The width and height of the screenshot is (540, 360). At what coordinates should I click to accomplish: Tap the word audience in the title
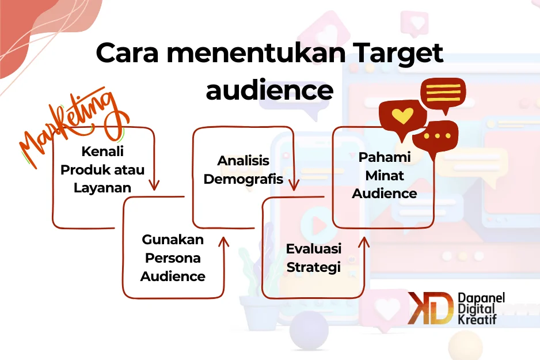pos(269,90)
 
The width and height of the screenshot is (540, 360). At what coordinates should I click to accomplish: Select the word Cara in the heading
pos(129,54)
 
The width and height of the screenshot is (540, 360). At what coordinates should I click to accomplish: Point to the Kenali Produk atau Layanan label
pos(102,170)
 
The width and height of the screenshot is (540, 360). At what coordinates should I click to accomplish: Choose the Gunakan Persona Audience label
pos(173,257)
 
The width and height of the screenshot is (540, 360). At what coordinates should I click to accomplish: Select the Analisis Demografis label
pos(244,169)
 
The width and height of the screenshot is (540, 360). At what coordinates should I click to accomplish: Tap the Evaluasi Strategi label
pos(314,257)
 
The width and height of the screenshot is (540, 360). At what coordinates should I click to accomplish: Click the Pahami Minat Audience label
pos(384,175)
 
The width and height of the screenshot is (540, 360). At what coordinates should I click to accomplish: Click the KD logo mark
pos(430,308)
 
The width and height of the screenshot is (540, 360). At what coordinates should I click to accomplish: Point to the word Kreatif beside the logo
pos(476,319)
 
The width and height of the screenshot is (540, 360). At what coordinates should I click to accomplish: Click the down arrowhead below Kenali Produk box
pos(153,185)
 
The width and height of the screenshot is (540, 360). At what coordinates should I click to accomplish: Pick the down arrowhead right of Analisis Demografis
pos(294,185)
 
